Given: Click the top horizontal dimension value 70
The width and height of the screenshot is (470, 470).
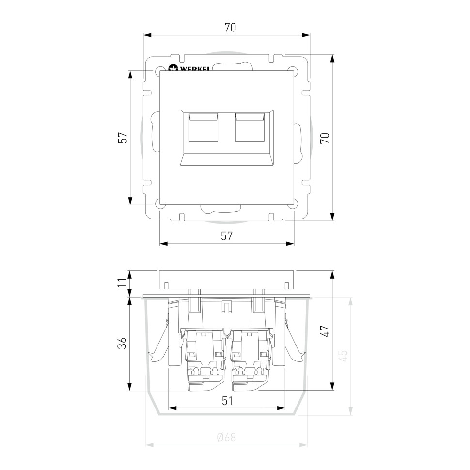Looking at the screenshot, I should [x=230, y=28].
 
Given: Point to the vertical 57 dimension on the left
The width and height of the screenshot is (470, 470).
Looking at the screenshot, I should [x=123, y=138].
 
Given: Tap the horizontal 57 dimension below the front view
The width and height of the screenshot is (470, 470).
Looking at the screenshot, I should [x=227, y=236].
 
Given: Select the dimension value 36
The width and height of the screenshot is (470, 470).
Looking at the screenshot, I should [x=123, y=343].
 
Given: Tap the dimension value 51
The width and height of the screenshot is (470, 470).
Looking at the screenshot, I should [x=227, y=401].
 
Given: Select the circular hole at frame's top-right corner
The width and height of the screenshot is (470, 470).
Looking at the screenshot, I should [x=293, y=70].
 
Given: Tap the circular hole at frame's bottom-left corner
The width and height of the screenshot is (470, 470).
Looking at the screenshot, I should [x=160, y=205].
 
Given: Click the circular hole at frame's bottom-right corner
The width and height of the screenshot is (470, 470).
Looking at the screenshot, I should [x=293, y=205].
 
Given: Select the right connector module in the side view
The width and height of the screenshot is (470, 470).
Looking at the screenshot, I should [x=250, y=356].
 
